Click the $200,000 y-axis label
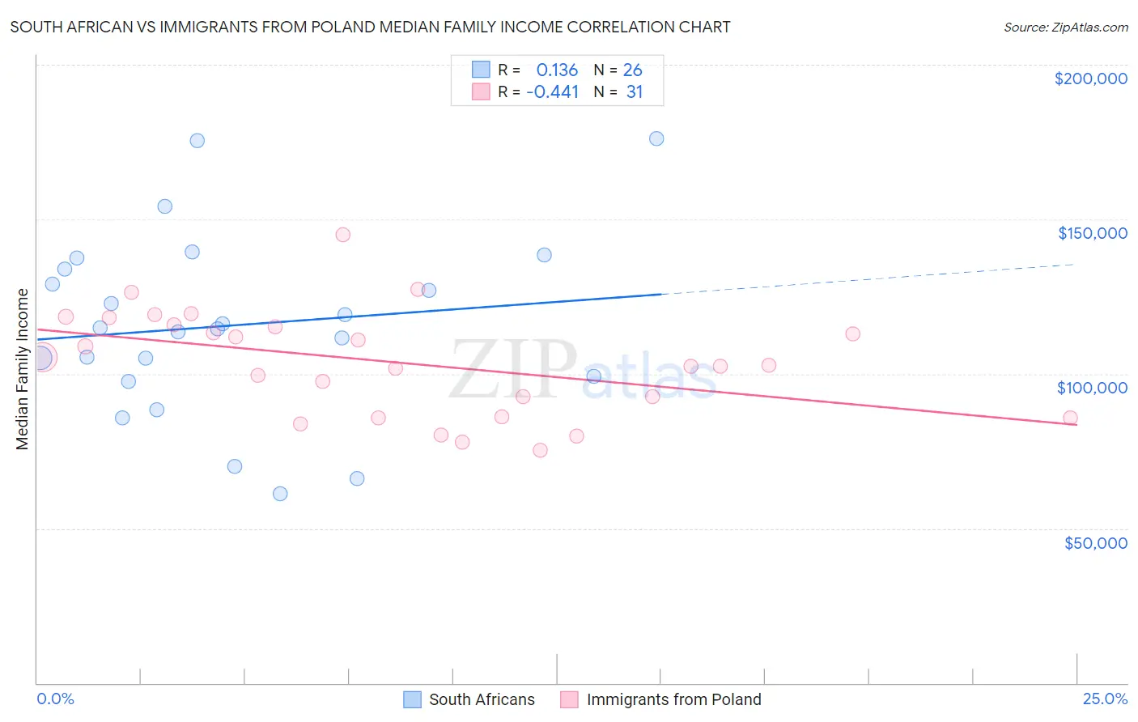pos(1090,79)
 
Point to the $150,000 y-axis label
pos(1092,233)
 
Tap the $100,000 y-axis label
pos(1092,388)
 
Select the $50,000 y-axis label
pos(1095,543)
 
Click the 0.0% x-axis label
pos(55,699)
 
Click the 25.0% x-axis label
pos(1105,699)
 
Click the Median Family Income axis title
pos(22,369)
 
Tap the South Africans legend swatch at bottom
pos(412,699)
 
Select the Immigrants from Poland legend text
pos(673,699)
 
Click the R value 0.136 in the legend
pos(557,70)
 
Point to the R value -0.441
pos(553,92)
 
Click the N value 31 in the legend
pos(634,92)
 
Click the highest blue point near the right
pos(656,138)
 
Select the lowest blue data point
pos(280,494)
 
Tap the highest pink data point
pos(342,235)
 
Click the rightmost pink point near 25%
pos(1070,418)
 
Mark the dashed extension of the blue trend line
pos(866,279)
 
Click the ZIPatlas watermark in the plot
pos(583,371)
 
